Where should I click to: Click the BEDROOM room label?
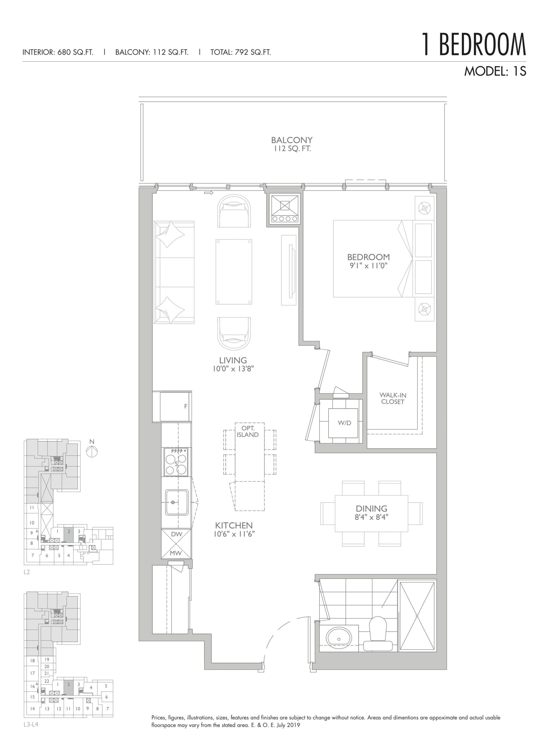(x=368, y=257)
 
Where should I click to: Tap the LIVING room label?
(x=233, y=360)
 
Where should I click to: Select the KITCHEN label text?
(x=234, y=526)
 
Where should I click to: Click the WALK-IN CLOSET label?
(x=392, y=398)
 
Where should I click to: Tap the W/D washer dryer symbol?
(x=344, y=423)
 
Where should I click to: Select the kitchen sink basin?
(x=176, y=502)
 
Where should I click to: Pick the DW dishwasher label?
(x=176, y=534)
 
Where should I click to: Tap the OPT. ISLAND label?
(x=247, y=431)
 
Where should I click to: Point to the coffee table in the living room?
(x=234, y=271)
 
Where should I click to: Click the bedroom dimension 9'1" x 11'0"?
(x=368, y=266)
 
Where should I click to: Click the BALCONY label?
(x=291, y=140)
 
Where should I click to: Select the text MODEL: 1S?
(x=495, y=71)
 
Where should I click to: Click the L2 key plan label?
(x=27, y=572)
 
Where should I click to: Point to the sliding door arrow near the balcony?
(x=209, y=192)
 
